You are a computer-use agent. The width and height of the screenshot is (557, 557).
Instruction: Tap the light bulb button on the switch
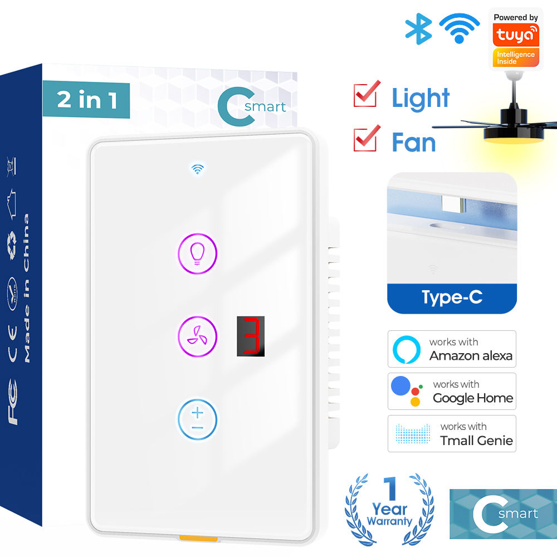tap(197, 253)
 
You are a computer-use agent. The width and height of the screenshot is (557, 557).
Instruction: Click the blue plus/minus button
tap(197, 419)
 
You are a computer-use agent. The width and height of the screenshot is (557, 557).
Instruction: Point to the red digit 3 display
tap(251, 336)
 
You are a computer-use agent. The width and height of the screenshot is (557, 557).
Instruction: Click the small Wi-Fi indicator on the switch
tap(198, 169)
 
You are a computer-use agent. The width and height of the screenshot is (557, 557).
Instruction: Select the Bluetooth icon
tap(418, 29)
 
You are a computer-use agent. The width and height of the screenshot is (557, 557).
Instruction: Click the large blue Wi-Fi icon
tap(460, 28)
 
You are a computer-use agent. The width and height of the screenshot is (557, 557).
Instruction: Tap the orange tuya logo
tap(516, 35)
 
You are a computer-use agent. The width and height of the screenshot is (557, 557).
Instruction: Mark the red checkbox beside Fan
tap(367, 138)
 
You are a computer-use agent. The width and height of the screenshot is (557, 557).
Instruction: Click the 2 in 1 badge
tap(86, 100)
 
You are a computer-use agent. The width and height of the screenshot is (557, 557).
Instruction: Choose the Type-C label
tap(452, 297)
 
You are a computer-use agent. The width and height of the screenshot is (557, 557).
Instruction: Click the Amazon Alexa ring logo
tap(407, 350)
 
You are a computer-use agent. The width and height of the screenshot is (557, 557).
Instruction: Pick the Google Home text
tap(473, 398)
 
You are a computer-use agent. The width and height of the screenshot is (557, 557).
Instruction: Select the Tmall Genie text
tap(476, 441)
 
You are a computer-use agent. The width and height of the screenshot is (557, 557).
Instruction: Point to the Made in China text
tap(26, 288)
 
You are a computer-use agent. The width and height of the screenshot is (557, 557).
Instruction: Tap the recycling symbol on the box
tap(12, 245)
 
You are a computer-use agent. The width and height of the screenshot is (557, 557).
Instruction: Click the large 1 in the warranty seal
tap(391, 488)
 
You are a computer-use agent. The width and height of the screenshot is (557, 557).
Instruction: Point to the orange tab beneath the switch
tap(198, 539)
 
